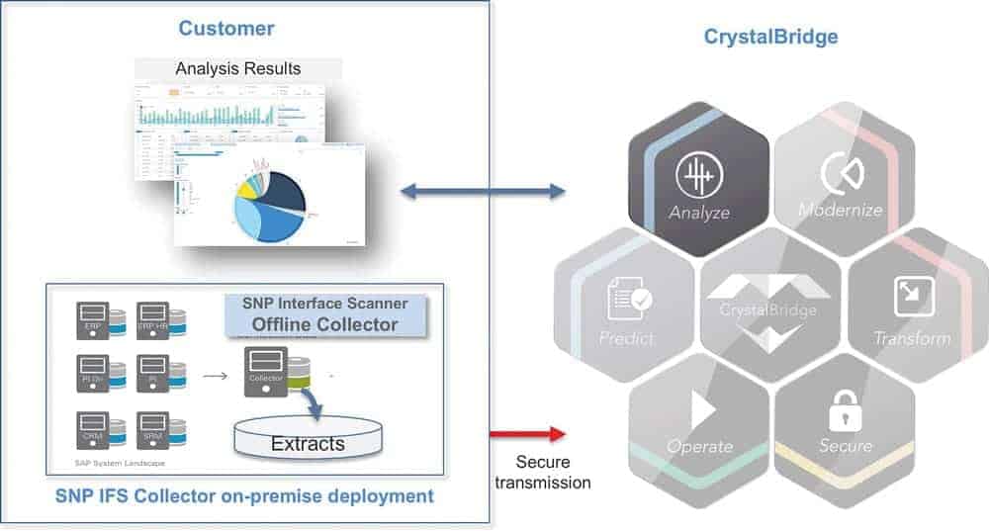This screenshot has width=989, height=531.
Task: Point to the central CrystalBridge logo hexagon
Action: [x=768, y=308]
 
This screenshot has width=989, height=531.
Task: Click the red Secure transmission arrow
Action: [x=527, y=433]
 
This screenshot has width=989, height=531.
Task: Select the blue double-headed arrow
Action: [x=483, y=191]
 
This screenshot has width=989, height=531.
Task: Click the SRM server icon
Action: [x=152, y=430]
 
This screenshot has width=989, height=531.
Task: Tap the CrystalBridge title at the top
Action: [x=770, y=37]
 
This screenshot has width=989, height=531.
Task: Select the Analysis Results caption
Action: [x=237, y=69]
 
